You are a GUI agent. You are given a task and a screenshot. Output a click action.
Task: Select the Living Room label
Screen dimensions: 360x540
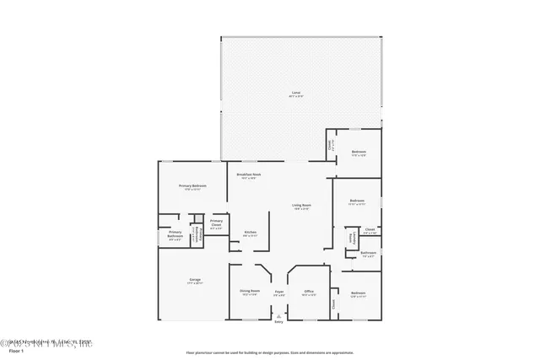pyautogui.click(x=301, y=206)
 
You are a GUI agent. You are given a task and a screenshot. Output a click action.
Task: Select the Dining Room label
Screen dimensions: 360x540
pyautogui.click(x=249, y=292)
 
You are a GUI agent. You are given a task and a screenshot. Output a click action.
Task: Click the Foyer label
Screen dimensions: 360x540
pyautogui.click(x=278, y=292)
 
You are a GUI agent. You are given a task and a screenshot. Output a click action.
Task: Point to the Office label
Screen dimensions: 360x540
pyautogui.click(x=309, y=292)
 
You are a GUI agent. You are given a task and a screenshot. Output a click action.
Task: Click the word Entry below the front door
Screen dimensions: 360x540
pyautogui.click(x=278, y=321)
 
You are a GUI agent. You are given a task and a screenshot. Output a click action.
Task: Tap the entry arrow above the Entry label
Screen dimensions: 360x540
pyautogui.click(x=278, y=314)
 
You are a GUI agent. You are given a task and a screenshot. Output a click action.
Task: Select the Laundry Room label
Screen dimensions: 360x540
pyautogui.click(x=354, y=238)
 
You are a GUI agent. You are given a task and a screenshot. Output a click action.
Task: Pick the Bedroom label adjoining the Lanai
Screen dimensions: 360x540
pyautogui.click(x=358, y=152)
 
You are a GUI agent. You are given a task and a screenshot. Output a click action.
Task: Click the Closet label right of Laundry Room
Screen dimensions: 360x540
pyautogui.click(x=370, y=229)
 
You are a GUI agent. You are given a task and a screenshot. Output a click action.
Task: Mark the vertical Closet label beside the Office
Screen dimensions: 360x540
pyautogui.click(x=333, y=304)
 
